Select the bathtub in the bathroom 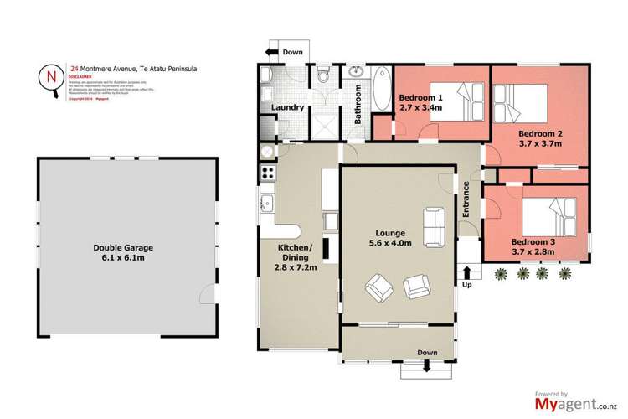point(380,89)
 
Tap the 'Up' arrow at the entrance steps point(466,275)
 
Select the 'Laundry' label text point(287,107)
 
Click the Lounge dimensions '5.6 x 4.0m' point(391,244)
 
